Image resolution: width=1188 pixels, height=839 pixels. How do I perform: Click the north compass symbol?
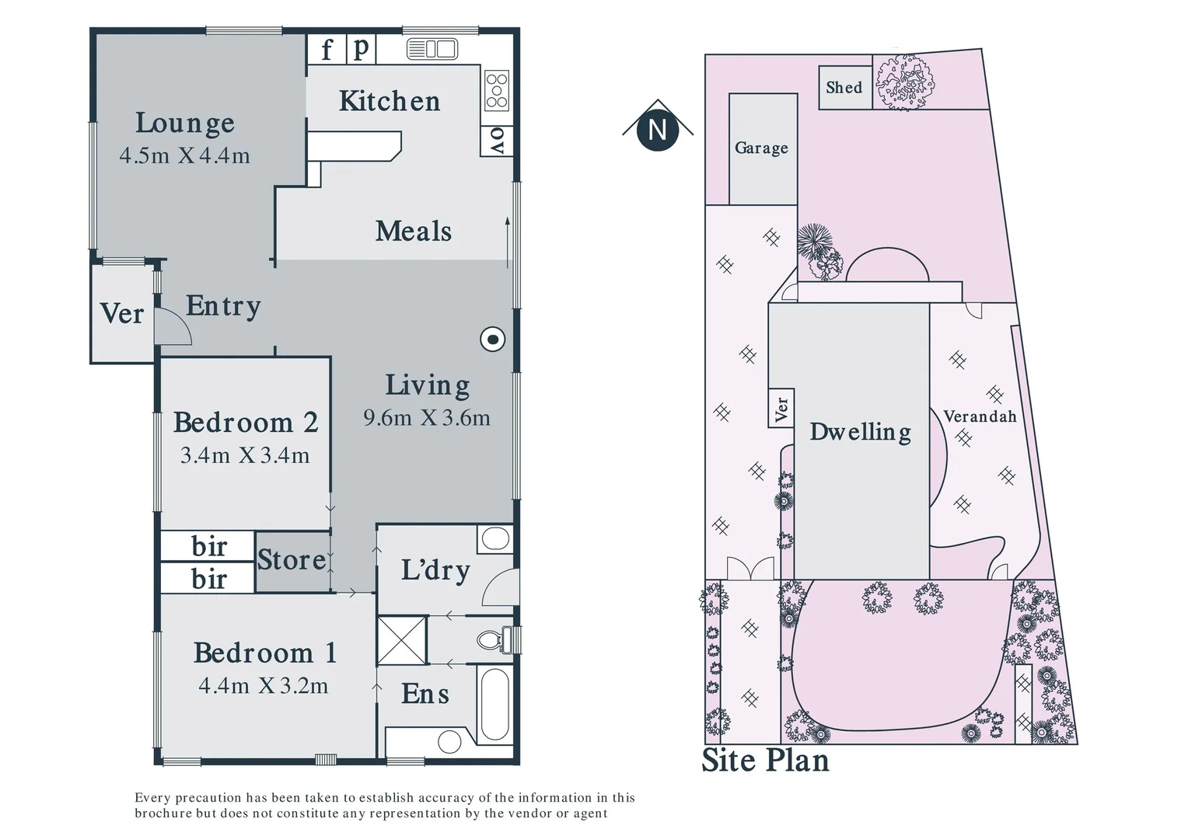[658, 129]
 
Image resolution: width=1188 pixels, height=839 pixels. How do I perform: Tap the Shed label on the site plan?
[844, 87]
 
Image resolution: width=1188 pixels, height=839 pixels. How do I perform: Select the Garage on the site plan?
[762, 148]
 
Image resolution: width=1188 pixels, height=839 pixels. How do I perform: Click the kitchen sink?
[432, 50]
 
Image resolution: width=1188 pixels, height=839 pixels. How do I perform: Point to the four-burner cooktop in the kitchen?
[497, 91]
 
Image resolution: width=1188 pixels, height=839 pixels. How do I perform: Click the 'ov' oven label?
[497, 141]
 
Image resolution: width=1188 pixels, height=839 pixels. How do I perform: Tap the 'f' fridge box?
[327, 50]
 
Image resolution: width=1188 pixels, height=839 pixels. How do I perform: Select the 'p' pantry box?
[361, 49]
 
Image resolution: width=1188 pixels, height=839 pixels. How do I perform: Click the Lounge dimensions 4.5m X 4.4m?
[185, 155]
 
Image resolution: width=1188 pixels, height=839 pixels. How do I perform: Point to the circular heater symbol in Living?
[493, 339]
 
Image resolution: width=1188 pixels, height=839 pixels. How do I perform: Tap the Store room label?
[292, 560]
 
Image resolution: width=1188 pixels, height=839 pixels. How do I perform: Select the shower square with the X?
[402, 640]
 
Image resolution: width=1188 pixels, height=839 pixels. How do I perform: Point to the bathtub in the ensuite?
[494, 705]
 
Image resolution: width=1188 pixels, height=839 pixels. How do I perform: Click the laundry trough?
[494, 538]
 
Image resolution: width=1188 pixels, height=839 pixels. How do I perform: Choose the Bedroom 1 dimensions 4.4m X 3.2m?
[264, 686]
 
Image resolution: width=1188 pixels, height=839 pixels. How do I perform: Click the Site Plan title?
[766, 761]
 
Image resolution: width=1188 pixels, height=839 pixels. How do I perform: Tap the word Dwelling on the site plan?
[861, 432]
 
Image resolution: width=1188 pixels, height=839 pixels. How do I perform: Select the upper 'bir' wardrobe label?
[209, 546]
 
